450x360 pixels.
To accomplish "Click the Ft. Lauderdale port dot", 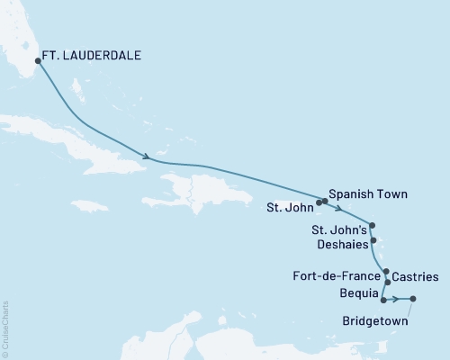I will pyautogui.click(x=38, y=61).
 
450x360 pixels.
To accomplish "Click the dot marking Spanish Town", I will pyautogui.click(x=324, y=200).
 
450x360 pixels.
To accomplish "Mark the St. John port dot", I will pyautogui.click(x=319, y=202).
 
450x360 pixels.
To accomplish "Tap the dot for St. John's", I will pyautogui.click(x=373, y=226).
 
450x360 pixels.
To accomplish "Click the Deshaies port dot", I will pyautogui.click(x=375, y=239).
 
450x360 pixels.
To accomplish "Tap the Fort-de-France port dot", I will pyautogui.click(x=386, y=272).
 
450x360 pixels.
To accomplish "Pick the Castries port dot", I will pyautogui.click(x=388, y=283).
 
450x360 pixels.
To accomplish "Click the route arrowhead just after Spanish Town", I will pyautogui.click(x=337, y=203).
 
